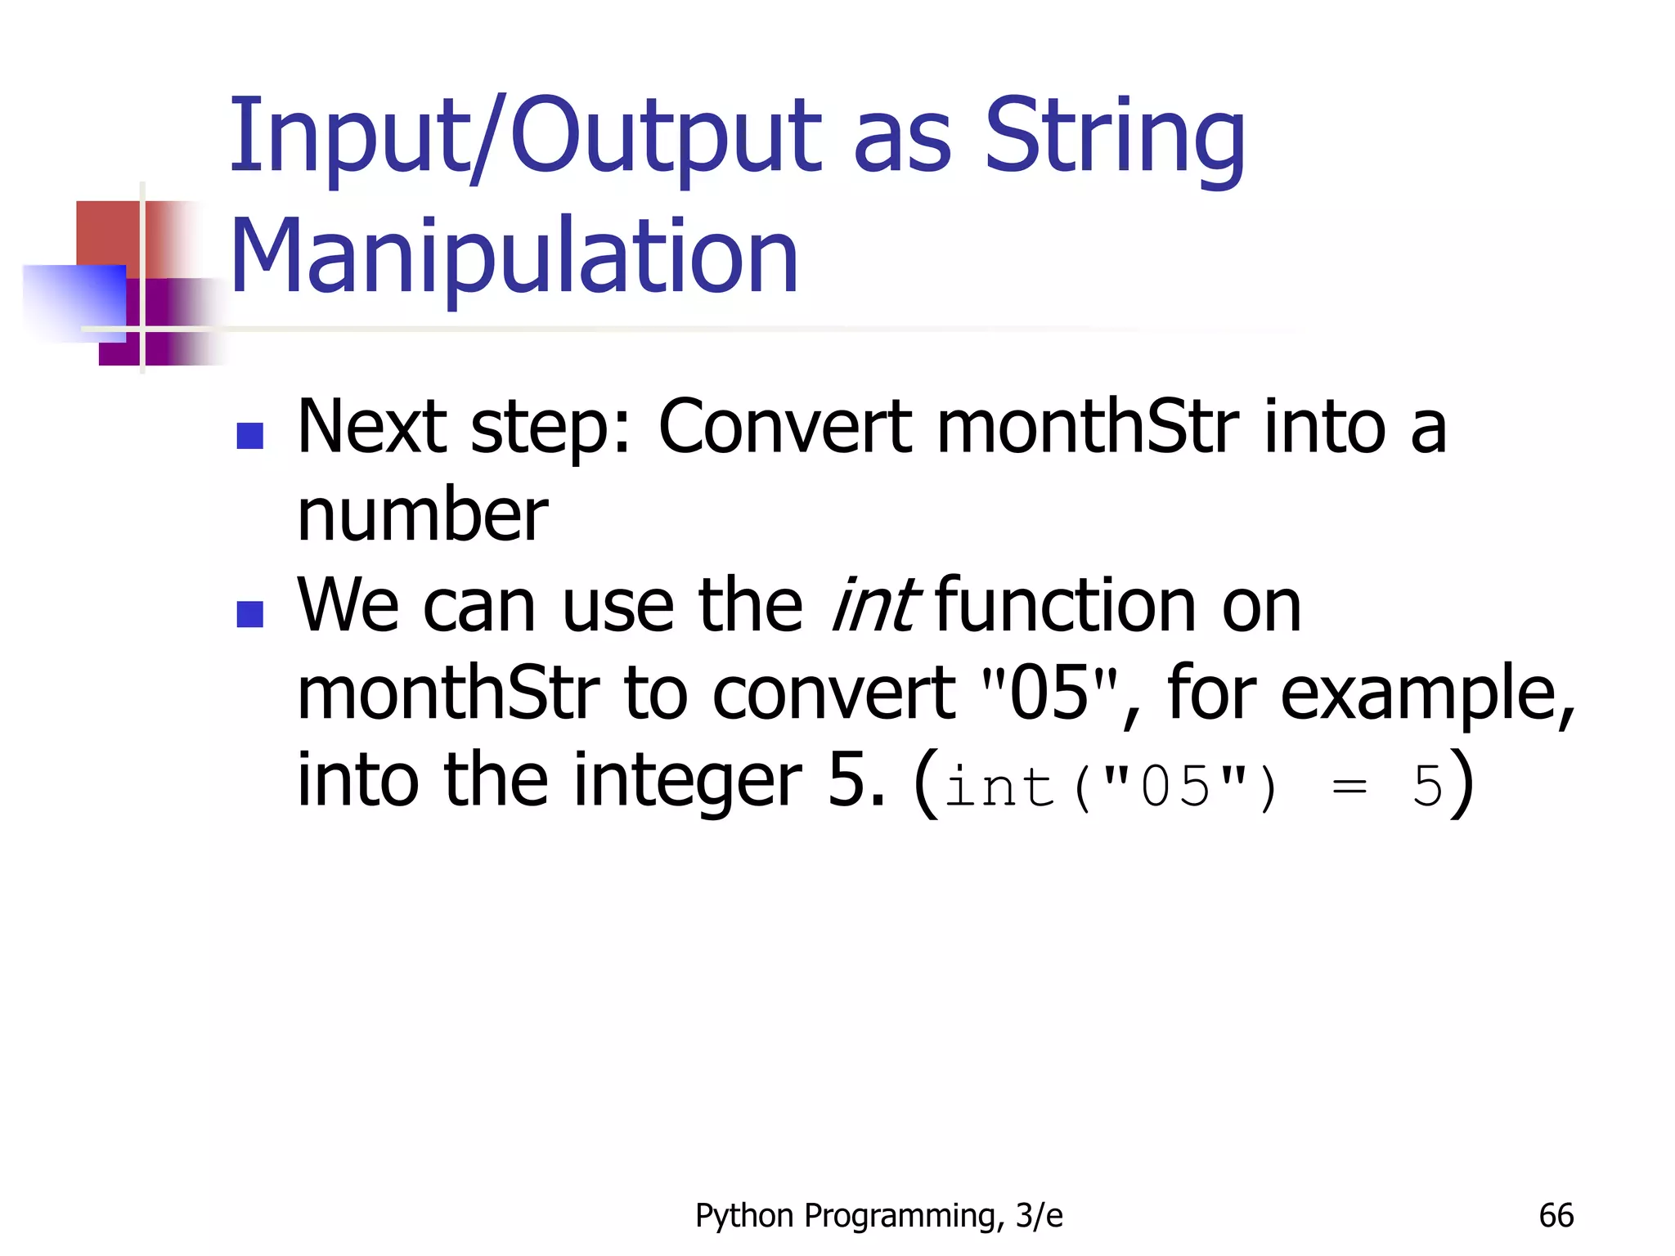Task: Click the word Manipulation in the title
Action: tap(514, 255)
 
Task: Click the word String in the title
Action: tap(1114, 137)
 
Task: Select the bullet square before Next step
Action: tap(249, 435)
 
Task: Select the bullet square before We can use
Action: tap(249, 613)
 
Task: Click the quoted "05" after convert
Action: tap(1049, 693)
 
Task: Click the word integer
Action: tap(688, 780)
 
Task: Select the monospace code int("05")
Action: tap(1111, 787)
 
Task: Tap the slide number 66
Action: tap(1556, 1216)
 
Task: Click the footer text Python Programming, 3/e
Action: tap(878, 1216)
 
